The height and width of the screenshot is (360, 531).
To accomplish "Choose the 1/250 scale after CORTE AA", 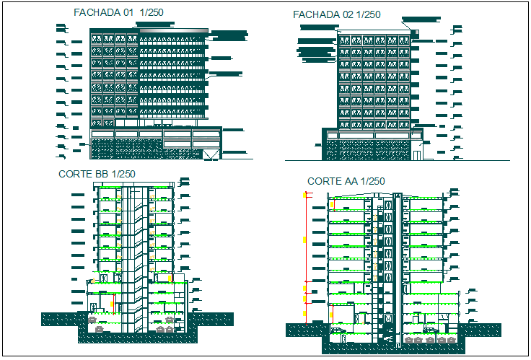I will tap(372, 181).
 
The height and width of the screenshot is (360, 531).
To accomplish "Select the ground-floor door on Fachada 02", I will tap(417, 154).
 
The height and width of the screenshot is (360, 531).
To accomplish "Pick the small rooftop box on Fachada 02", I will tap(416, 30).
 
